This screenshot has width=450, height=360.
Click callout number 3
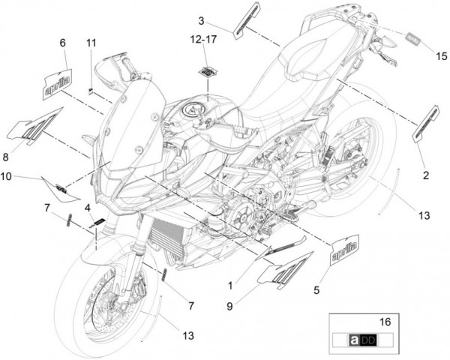201,21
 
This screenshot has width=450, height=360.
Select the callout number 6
63,43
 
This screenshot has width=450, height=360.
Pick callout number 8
6,157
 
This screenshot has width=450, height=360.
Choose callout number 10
5,177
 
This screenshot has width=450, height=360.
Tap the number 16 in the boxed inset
386,321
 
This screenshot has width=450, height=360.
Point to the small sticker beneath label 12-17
205,71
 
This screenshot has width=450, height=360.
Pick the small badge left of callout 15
412,35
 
